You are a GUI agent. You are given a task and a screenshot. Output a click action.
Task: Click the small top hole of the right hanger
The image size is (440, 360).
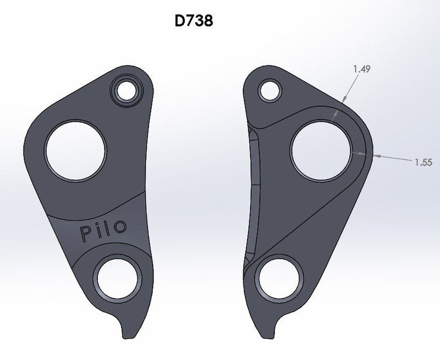point(270,91)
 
